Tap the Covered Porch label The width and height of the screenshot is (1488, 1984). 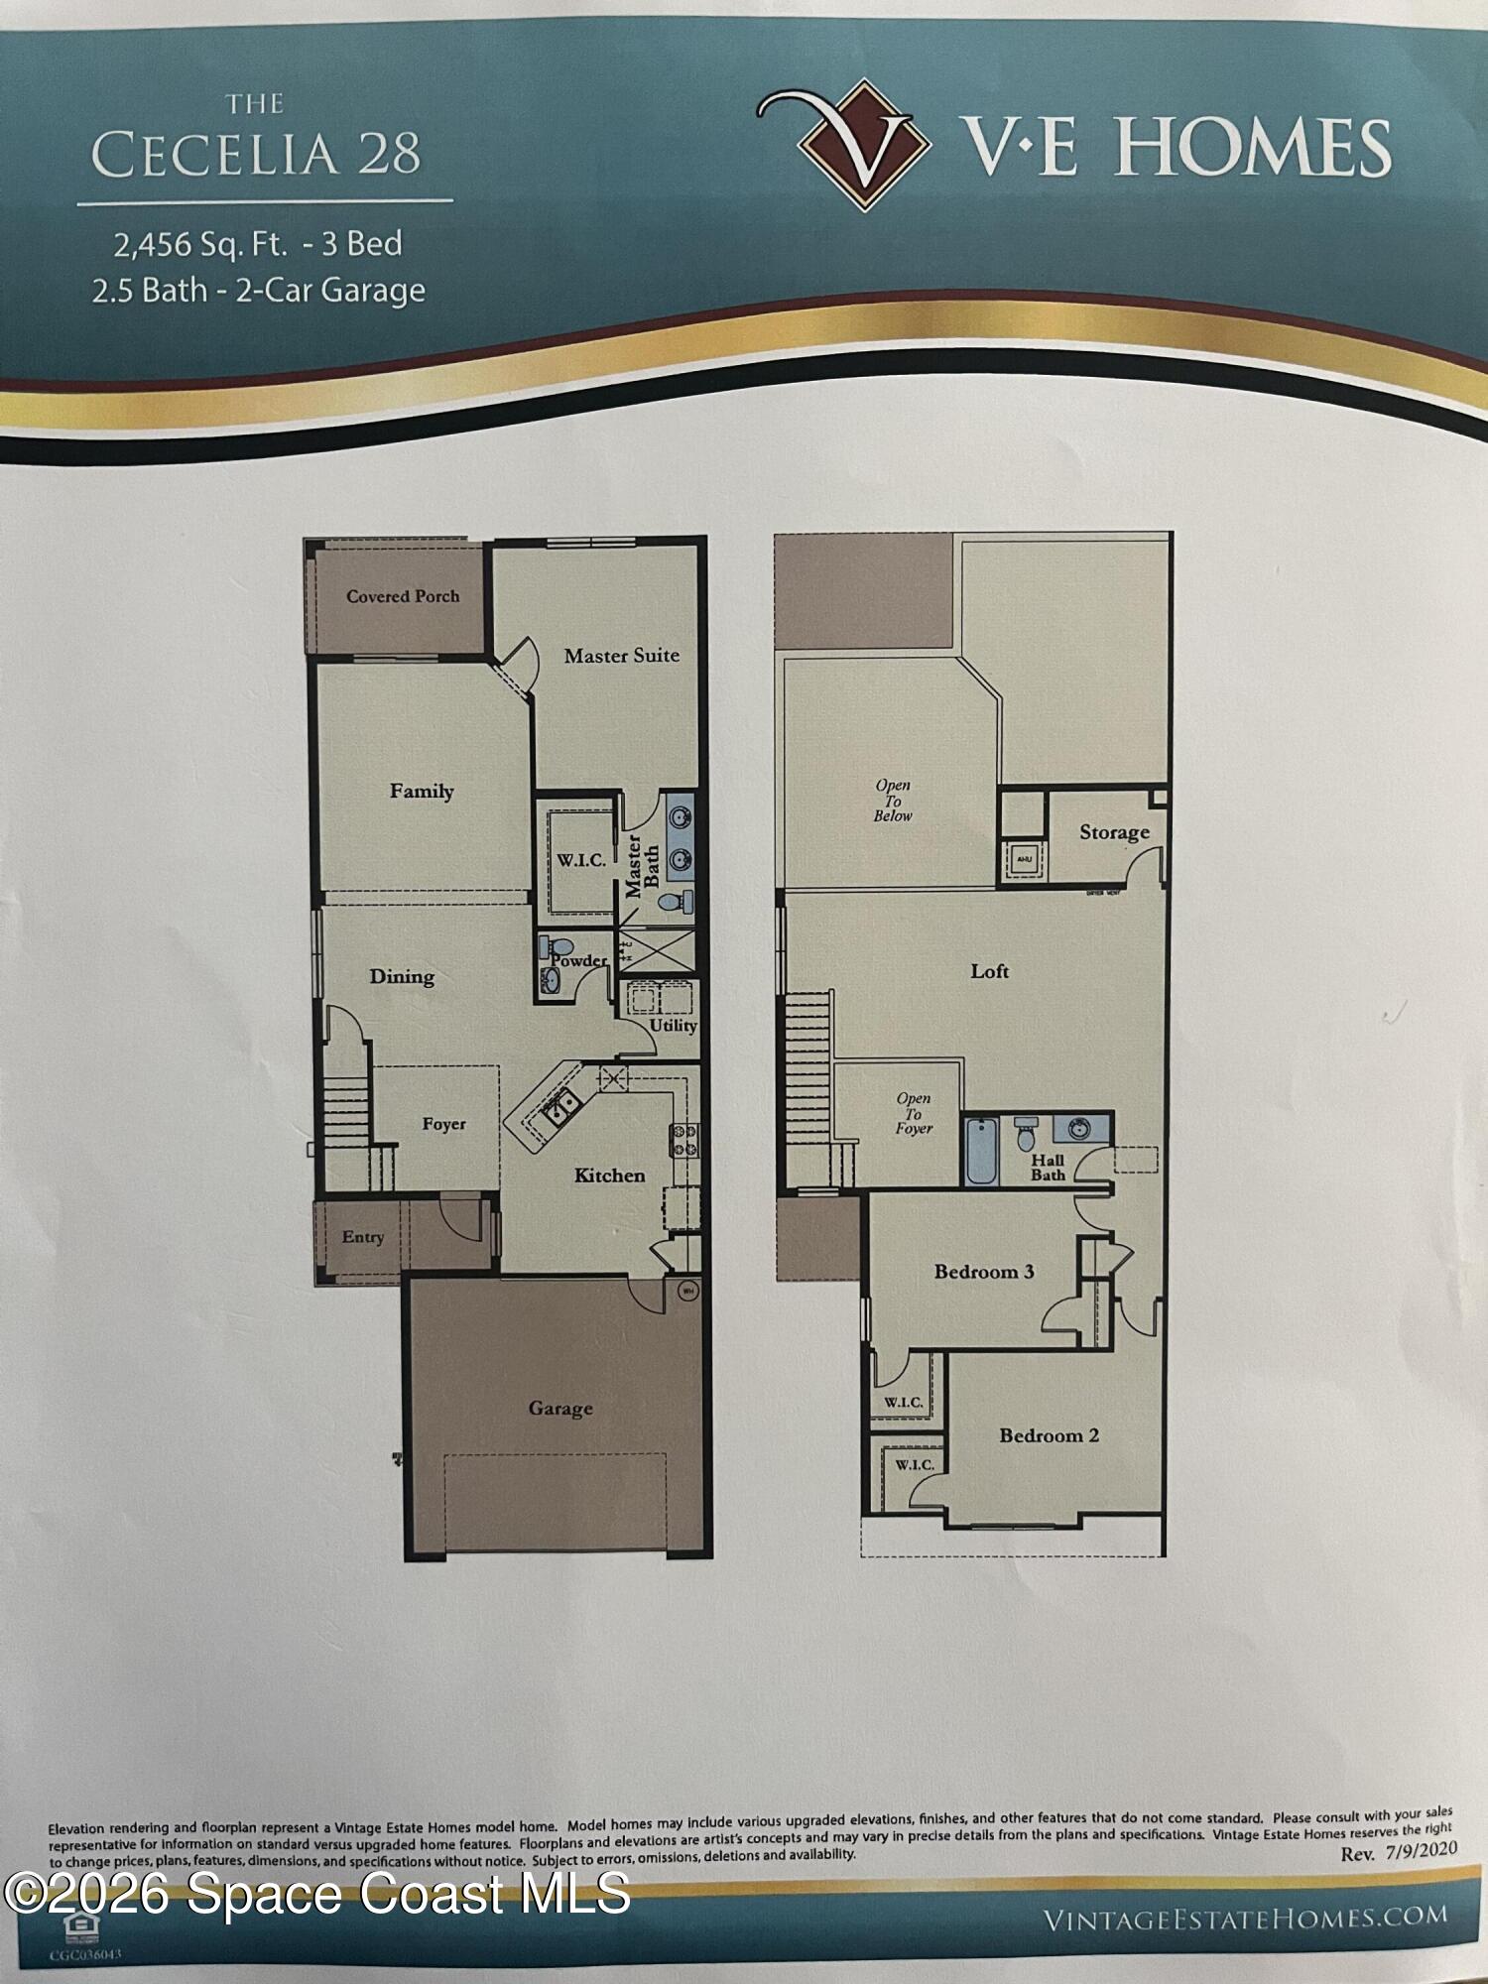click(x=403, y=596)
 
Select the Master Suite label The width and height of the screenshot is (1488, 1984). click(x=622, y=655)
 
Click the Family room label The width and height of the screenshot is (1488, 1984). click(x=422, y=791)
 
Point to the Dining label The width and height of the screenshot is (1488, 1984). click(x=402, y=976)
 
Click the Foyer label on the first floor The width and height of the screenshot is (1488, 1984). click(x=443, y=1124)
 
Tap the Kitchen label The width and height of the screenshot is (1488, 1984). click(x=609, y=1176)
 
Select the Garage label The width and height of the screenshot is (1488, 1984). click(x=560, y=1408)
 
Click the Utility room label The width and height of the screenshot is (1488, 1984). click(x=673, y=1025)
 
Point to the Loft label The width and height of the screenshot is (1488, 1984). click(x=989, y=971)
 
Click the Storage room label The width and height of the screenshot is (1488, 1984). click(x=1114, y=832)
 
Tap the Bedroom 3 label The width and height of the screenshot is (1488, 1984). click(x=984, y=1272)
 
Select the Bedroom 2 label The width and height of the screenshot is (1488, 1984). click(x=1049, y=1435)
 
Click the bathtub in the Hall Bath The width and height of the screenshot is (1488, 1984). click(x=981, y=1151)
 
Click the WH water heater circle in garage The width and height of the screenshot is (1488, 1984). click(x=688, y=1292)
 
